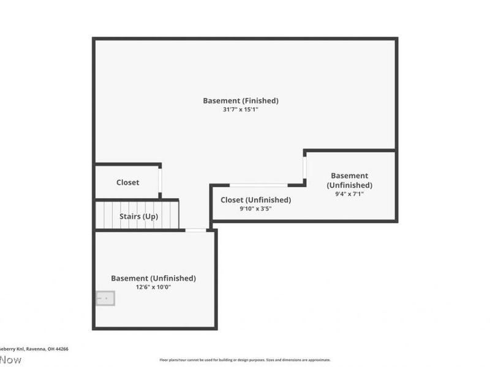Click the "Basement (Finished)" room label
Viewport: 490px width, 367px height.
coord(241,100)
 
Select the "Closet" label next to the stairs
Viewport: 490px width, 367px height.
coord(127,182)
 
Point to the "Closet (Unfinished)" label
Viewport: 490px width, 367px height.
coord(255,199)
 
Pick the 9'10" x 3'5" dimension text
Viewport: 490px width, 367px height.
coord(255,209)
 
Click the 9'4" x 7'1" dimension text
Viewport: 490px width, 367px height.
coord(349,194)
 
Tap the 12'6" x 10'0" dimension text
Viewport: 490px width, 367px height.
coord(153,287)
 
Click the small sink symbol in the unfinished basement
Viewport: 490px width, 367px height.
coord(105,298)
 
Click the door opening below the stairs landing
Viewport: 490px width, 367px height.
coord(195,230)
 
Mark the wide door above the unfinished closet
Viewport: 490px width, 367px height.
coord(258,185)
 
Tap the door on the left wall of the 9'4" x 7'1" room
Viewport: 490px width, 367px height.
coord(304,166)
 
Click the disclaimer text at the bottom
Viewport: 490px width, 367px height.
coord(245,360)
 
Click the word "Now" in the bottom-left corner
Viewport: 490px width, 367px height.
coord(10,360)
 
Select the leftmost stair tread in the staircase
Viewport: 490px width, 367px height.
coord(100,215)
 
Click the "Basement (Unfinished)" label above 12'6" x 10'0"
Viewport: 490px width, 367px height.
coord(153,278)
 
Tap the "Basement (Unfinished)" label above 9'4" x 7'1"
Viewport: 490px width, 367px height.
coord(349,180)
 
